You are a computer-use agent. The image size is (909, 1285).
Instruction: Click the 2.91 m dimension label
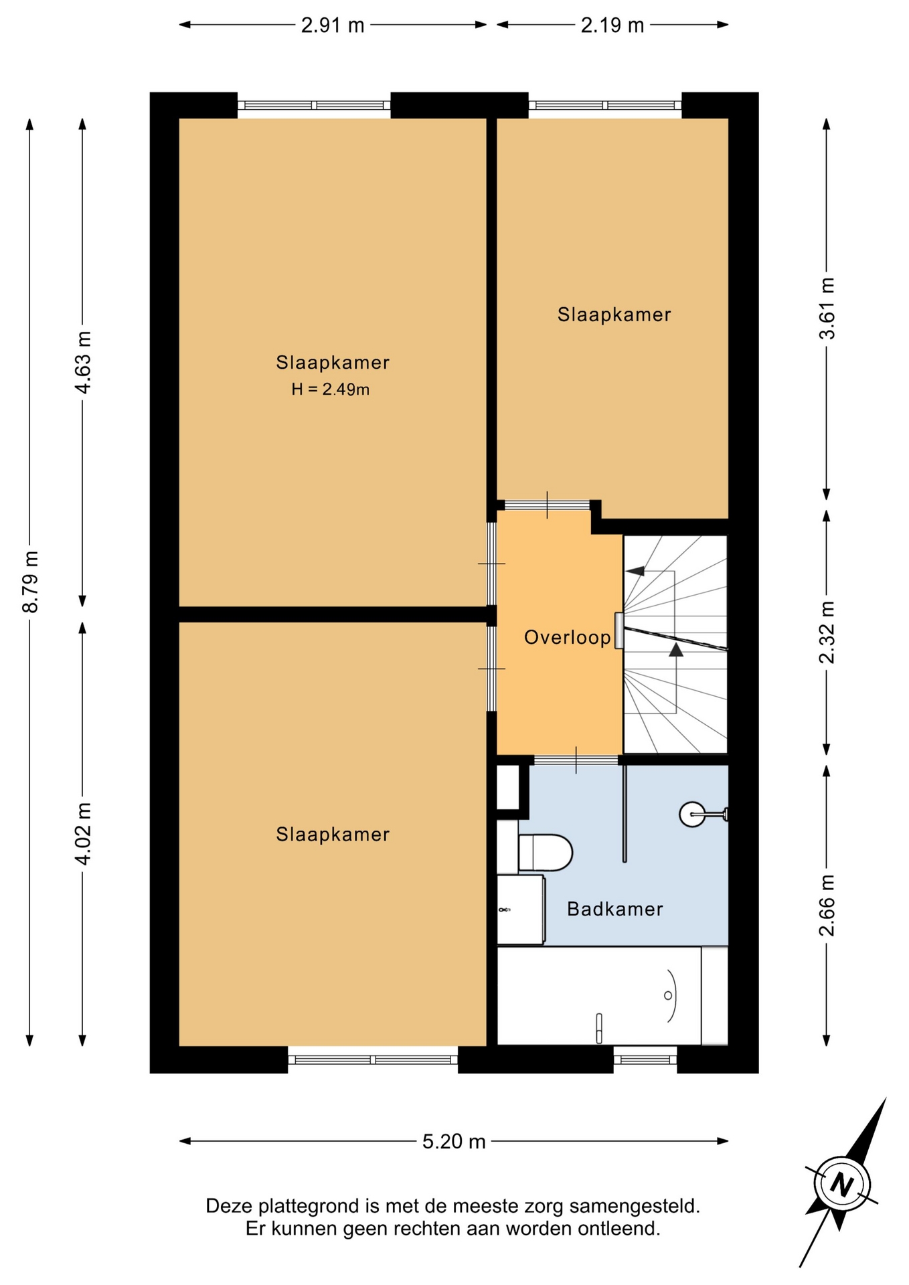(333, 25)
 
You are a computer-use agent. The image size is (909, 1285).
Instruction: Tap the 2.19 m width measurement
(612, 25)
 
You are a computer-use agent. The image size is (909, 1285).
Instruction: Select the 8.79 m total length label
(30, 582)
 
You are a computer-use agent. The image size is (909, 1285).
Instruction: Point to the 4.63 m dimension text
(83, 363)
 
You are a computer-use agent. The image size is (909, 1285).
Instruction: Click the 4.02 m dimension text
(83, 834)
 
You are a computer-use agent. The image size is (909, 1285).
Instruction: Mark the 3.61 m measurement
(827, 309)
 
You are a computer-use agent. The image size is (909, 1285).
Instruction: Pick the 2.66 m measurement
(827, 906)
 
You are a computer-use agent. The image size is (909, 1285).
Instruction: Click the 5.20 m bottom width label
(454, 1141)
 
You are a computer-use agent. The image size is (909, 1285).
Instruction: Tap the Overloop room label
(568, 637)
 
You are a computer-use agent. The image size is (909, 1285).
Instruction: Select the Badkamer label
(615, 909)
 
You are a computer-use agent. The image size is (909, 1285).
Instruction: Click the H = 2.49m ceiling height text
(331, 389)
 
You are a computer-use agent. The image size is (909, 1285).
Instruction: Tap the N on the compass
(842, 1185)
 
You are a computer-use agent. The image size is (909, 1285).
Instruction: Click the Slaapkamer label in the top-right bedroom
(614, 315)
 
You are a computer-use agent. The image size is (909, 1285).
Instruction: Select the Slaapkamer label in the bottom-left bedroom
(333, 835)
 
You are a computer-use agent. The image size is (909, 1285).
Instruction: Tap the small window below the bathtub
(645, 1059)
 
